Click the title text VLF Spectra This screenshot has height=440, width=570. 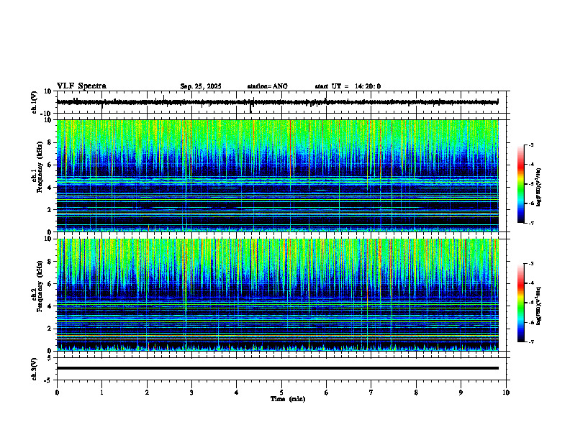click(x=81, y=86)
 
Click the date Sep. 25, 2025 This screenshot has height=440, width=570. click(x=200, y=86)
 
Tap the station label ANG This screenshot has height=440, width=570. click(x=280, y=86)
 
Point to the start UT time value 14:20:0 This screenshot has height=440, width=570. click(x=367, y=86)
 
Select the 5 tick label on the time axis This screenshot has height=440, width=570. click(x=281, y=393)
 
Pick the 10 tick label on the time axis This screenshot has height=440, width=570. click(x=507, y=393)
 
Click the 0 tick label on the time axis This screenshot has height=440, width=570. click(x=57, y=393)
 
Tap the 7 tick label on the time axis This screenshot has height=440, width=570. click(x=371, y=393)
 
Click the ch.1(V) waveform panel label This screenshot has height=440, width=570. click(x=34, y=102)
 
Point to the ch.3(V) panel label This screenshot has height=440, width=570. click(x=34, y=368)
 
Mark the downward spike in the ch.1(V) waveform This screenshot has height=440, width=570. click(x=250, y=109)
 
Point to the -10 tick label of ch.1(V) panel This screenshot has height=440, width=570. click(x=45, y=114)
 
